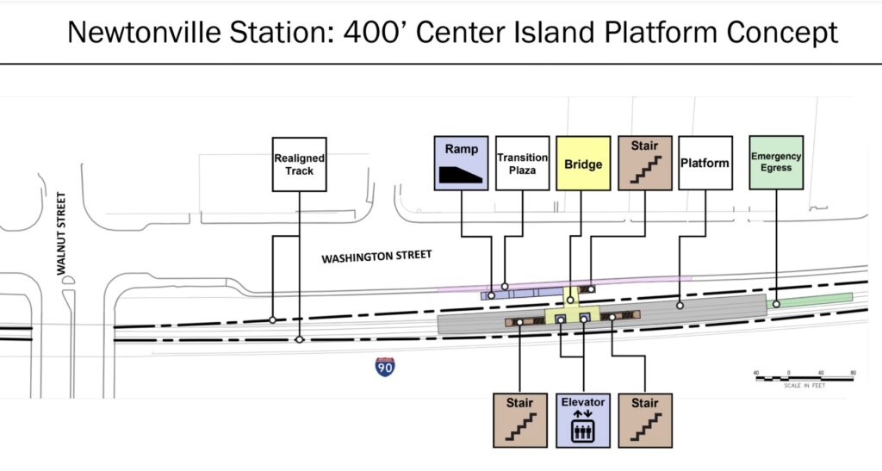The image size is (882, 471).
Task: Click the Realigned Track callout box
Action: pos(299,164)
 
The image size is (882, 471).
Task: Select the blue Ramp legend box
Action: pos(461,163)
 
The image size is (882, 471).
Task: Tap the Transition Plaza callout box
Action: pos(522,163)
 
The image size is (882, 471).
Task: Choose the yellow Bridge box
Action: pos(583,163)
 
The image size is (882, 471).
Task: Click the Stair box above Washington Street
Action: pos(644,163)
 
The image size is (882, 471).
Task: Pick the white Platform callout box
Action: pos(705,163)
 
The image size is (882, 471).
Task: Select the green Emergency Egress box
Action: pos(776,162)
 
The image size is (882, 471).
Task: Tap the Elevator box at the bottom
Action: pos(583,420)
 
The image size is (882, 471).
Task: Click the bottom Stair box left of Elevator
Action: pos(520,420)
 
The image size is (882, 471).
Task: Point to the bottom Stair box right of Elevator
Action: pos(644,420)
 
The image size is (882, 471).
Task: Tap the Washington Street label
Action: pos(376,257)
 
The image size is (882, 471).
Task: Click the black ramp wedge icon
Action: pos(461,174)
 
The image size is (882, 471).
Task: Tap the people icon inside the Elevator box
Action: pos(583,431)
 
